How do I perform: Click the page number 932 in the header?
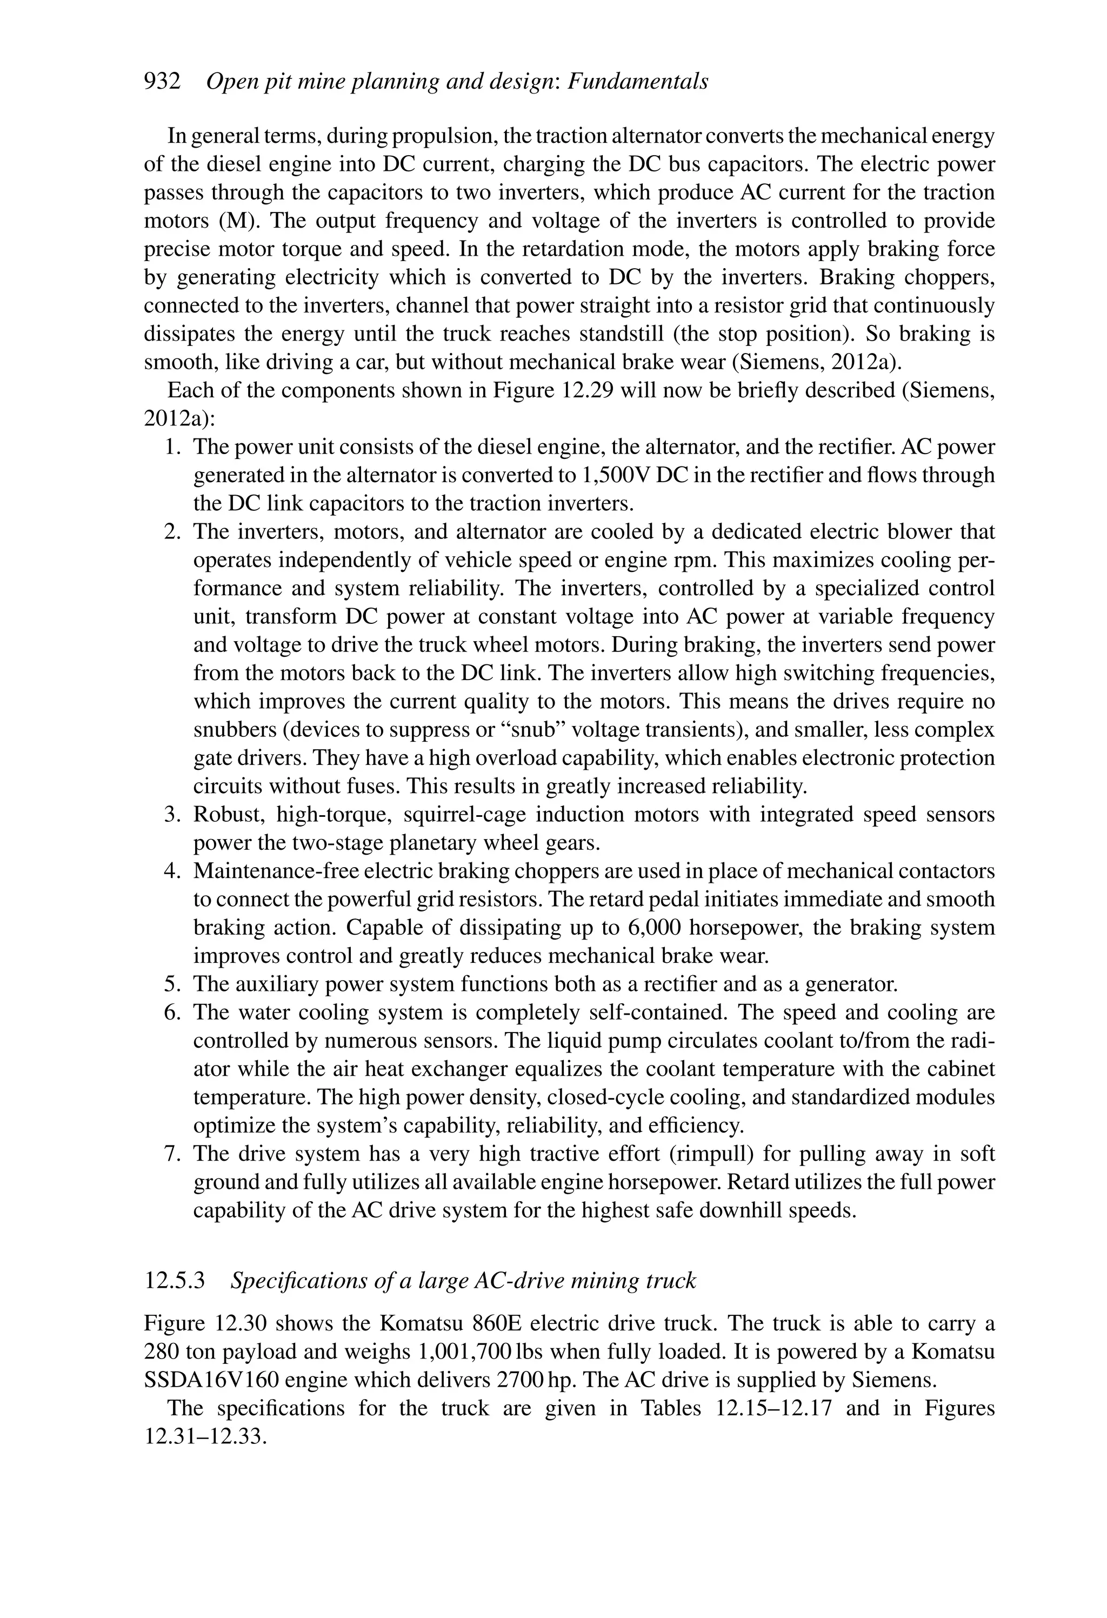click(x=162, y=82)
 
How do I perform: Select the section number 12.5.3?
click(x=174, y=1280)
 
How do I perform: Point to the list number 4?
click(x=172, y=871)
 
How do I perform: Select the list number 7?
click(x=172, y=1154)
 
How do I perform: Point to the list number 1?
click(x=172, y=447)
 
